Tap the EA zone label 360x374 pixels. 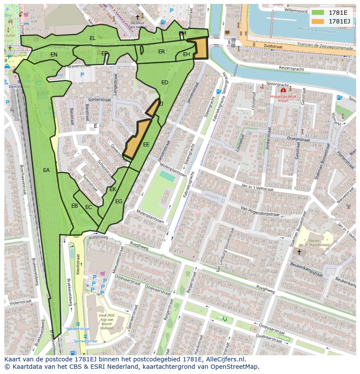[47, 170]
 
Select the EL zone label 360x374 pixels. [93, 38]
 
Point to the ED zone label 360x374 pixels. [165, 82]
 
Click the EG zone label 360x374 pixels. [119, 201]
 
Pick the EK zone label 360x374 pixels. [113, 189]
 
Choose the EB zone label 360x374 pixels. [75, 206]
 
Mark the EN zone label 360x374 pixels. [54, 55]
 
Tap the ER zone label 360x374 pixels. [162, 52]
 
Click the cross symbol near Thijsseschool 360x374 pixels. [299, 252]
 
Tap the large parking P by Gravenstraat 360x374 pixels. [82, 75]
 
